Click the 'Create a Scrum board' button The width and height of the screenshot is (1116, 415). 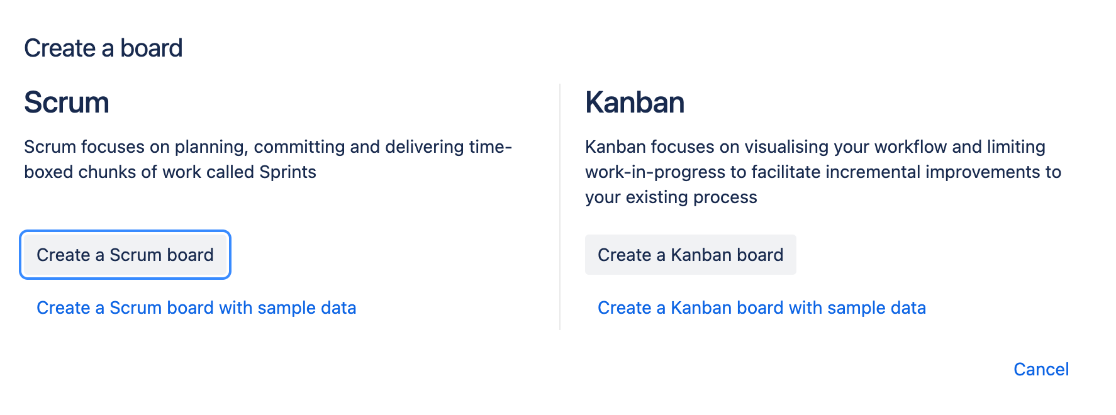[125, 255]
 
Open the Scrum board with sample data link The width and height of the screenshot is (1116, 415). [196, 307]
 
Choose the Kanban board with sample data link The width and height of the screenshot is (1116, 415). [761, 307]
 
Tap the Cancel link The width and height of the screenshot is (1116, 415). [1041, 369]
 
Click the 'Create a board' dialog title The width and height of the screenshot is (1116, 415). [103, 48]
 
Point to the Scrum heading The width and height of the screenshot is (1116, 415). [67, 102]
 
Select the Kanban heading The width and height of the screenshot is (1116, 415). [634, 102]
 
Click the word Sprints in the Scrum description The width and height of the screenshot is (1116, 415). [287, 172]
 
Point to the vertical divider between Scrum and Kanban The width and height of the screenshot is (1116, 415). [560, 207]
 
